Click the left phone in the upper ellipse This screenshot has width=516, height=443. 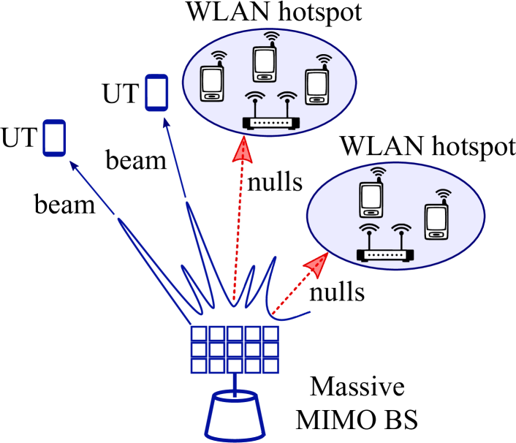point(212,83)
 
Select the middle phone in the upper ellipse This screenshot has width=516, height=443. point(265,64)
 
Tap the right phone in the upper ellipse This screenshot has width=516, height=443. point(316,87)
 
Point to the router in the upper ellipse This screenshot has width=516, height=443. point(270,122)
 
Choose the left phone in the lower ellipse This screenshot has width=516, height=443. point(371,200)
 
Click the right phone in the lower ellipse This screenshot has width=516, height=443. point(436,221)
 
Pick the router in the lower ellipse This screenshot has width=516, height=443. point(384,254)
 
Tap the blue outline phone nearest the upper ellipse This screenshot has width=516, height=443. point(156,93)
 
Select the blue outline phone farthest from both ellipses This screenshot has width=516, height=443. point(54,138)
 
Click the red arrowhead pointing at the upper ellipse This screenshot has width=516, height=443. point(242,150)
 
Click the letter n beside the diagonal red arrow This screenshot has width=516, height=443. point(316,294)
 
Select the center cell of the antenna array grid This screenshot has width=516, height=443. point(235,349)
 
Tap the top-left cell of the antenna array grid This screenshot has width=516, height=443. point(199,334)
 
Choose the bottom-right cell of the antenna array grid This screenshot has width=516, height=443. point(270,365)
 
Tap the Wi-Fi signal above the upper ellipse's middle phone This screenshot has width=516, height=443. point(271,37)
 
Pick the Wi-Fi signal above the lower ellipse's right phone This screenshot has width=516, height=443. point(443,194)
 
